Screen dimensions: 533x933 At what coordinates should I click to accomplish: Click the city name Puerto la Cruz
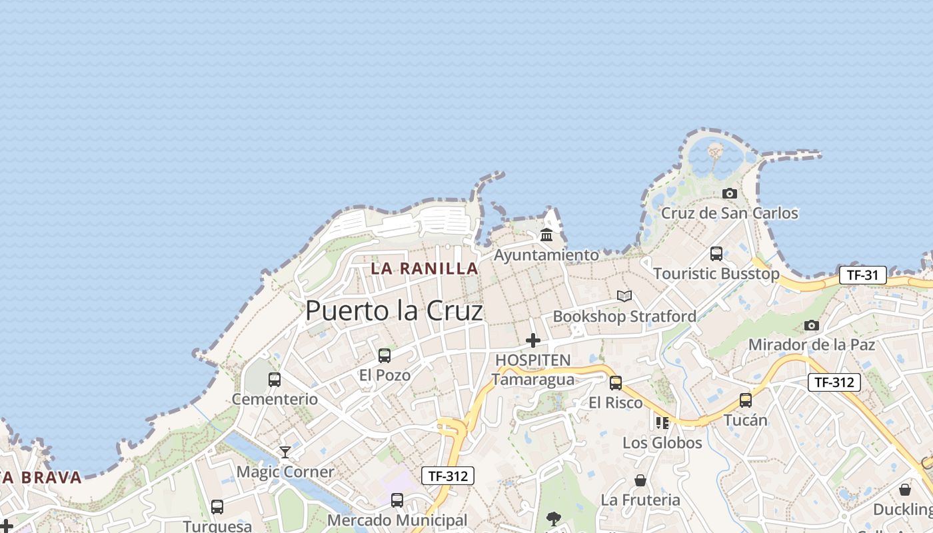[x=394, y=311]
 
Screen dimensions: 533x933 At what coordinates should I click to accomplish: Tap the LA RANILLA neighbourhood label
[x=425, y=268]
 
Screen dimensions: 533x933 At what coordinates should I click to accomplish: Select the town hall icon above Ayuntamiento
[x=546, y=235]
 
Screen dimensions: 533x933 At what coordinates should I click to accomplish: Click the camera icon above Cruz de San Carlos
[x=730, y=193]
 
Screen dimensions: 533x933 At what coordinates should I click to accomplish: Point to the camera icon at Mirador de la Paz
[x=811, y=325]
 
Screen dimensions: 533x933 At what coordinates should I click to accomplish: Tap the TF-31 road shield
[x=862, y=274]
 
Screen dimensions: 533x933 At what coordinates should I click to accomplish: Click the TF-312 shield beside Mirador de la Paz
[x=834, y=382]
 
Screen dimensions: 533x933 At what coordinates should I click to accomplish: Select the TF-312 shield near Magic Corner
[x=448, y=476]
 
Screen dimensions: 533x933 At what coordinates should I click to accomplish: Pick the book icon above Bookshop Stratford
[x=624, y=296]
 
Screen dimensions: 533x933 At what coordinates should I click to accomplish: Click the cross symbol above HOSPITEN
[x=532, y=340]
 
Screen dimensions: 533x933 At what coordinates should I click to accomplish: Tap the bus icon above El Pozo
[x=385, y=355]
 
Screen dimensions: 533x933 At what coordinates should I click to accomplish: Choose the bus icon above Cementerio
[x=274, y=380]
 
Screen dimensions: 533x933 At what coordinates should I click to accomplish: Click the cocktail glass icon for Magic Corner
[x=285, y=452]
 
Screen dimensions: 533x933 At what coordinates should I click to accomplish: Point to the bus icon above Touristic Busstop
[x=716, y=253]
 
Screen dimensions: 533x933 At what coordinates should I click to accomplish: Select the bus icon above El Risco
[x=616, y=383]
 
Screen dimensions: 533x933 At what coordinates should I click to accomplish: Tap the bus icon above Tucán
[x=745, y=400]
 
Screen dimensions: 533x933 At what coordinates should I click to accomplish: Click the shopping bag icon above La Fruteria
[x=640, y=480]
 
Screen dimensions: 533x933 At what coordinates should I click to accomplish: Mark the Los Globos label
[x=662, y=443]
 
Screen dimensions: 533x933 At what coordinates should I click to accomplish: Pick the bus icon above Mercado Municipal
[x=397, y=500]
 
